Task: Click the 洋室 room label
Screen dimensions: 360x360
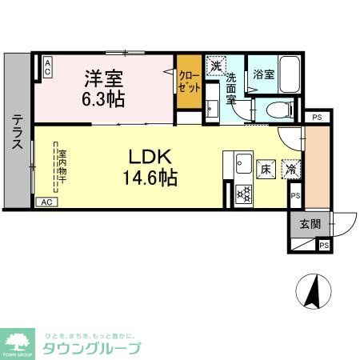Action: pos(104,78)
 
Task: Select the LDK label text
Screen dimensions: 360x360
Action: pos(149,156)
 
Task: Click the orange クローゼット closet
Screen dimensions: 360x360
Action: pos(189,82)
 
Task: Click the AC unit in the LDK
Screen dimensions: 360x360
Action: pos(46,202)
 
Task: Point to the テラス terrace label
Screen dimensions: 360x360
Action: pos(16,132)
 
